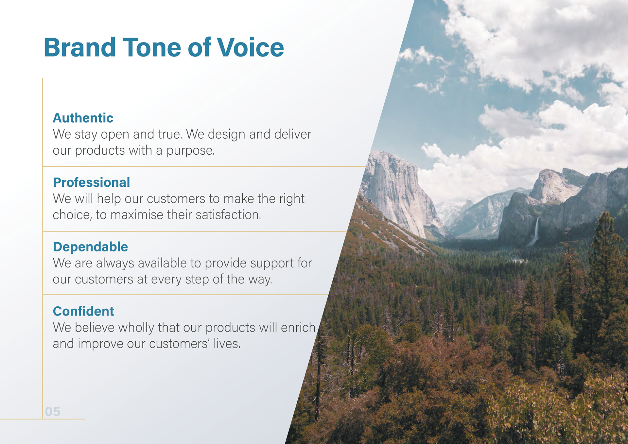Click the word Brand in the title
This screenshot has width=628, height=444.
80,47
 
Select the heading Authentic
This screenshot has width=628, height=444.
83,118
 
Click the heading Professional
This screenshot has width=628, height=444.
92,182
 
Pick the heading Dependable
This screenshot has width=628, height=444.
90,247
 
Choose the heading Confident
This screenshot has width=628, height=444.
83,311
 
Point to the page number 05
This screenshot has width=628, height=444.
53,412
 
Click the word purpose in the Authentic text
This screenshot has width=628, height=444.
190,151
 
